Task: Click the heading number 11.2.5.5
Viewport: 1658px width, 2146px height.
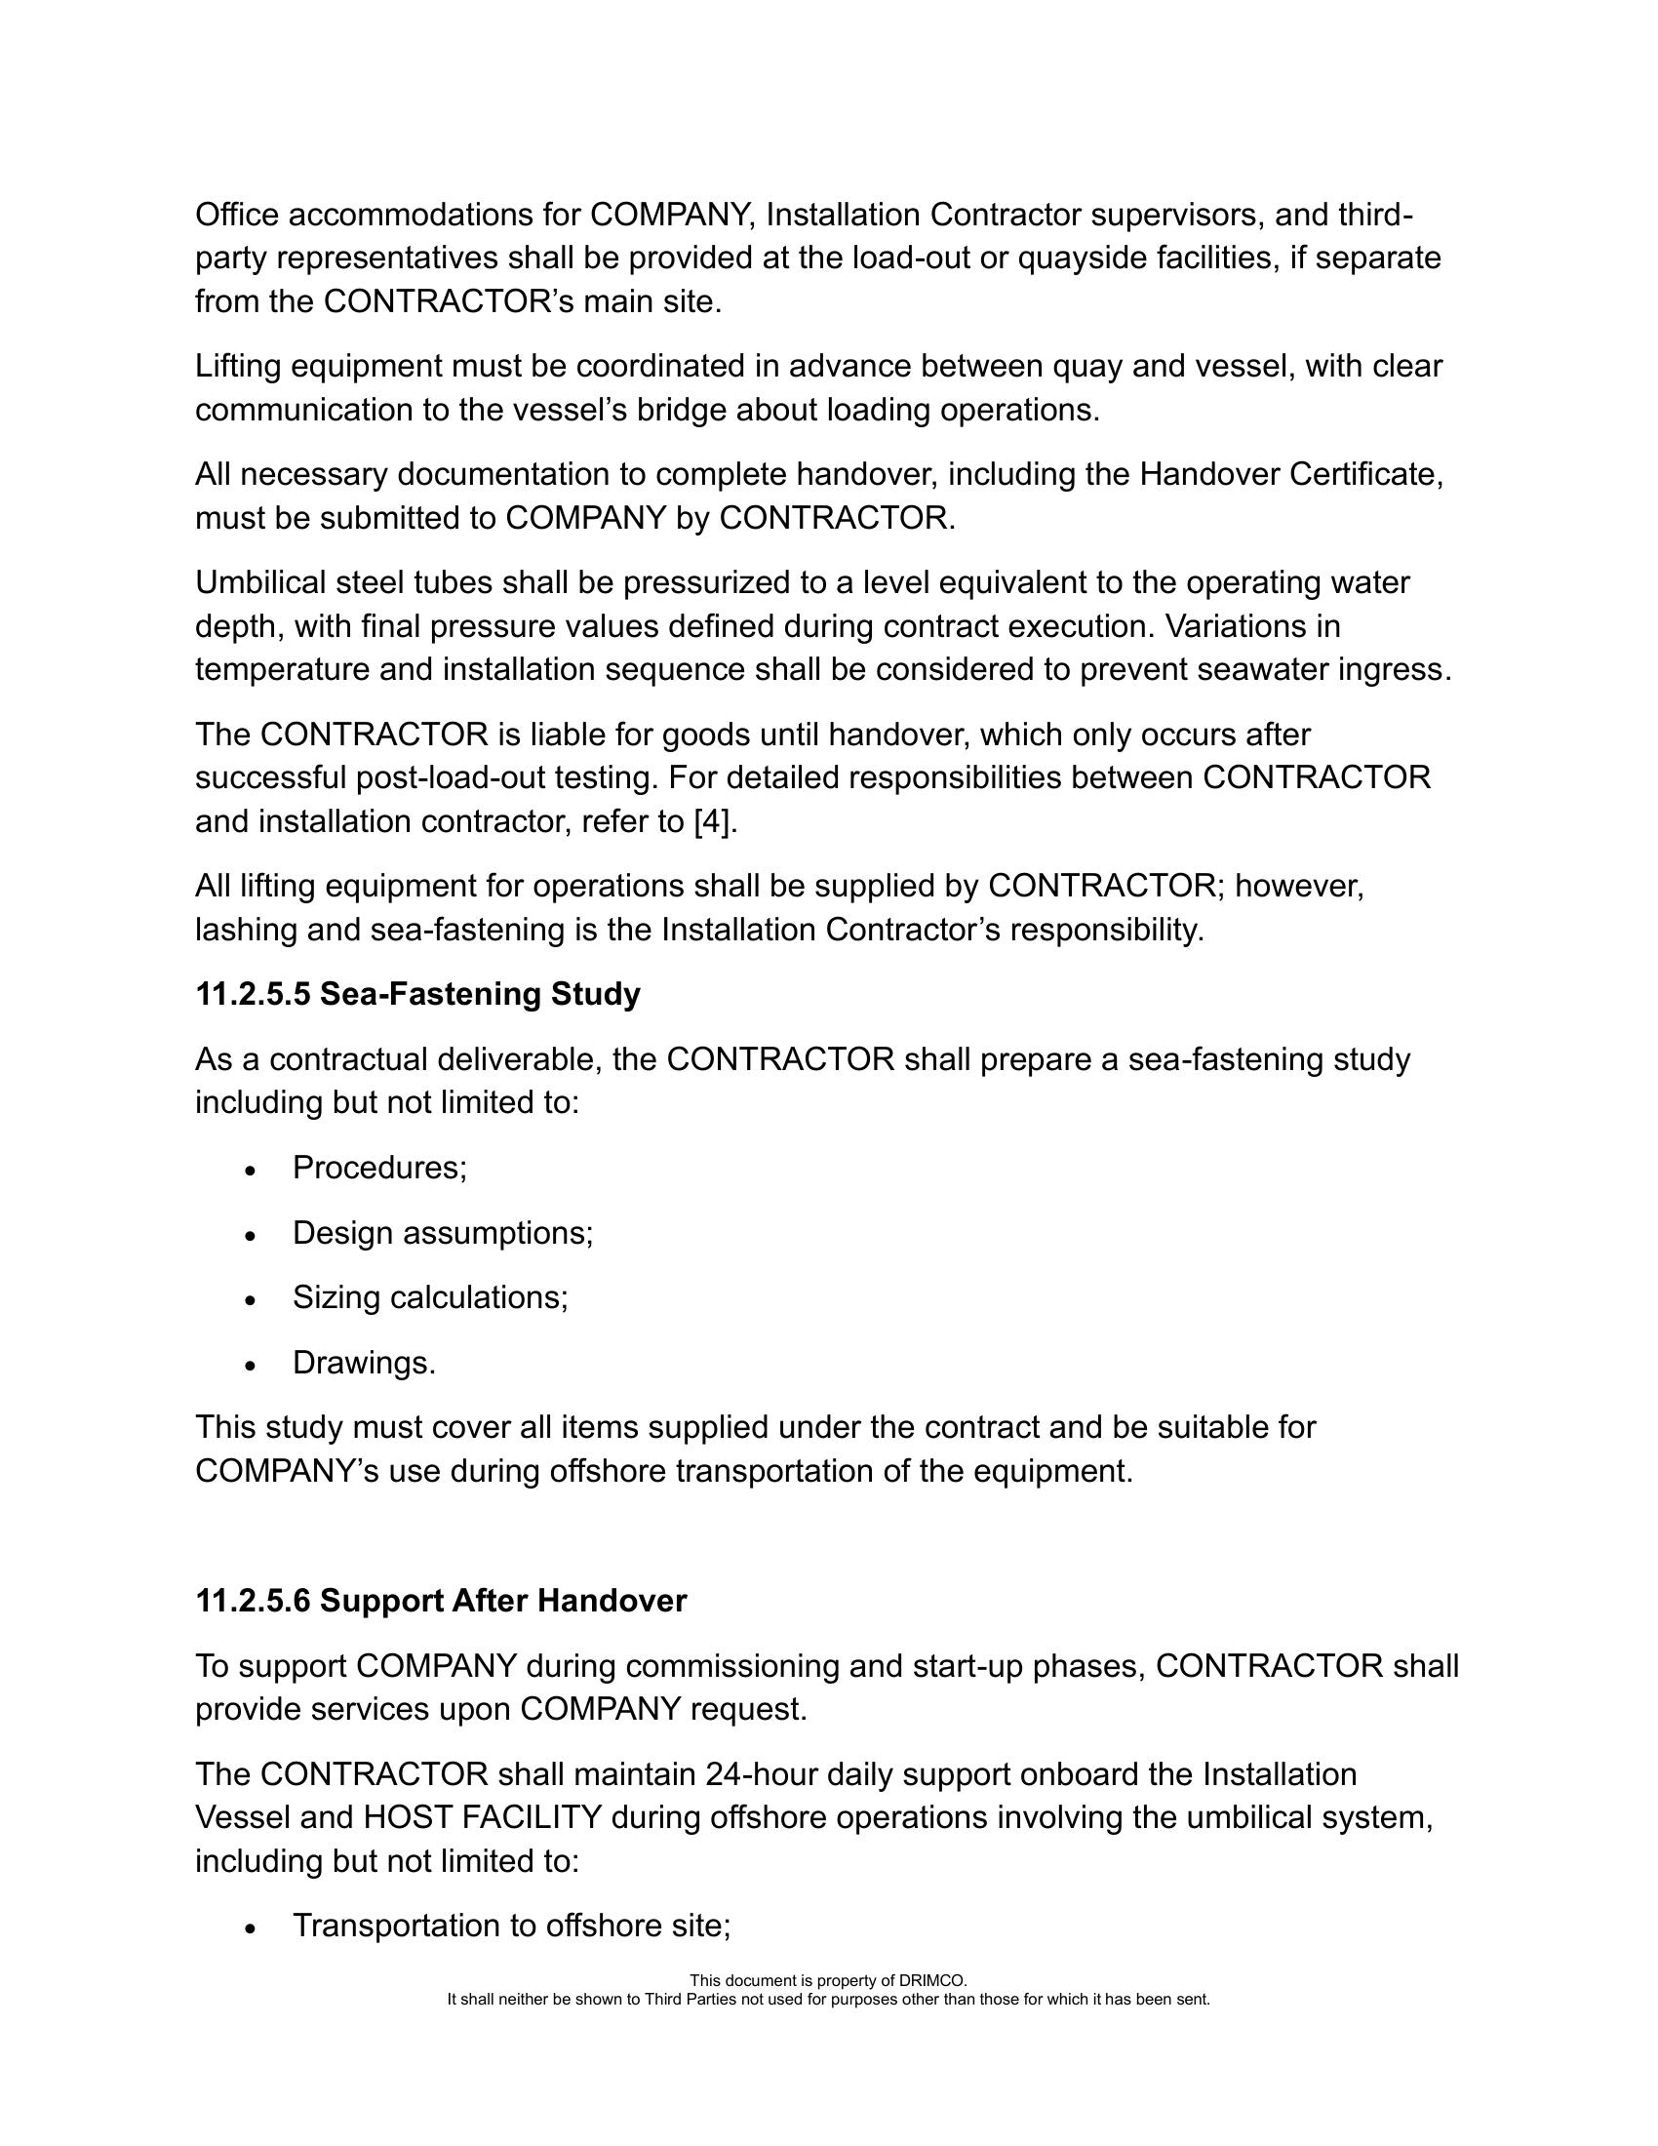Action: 253,994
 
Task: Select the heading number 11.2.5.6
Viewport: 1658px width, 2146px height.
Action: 253,1602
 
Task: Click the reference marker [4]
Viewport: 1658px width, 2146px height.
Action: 713,821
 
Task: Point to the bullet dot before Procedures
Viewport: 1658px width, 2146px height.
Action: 252,1172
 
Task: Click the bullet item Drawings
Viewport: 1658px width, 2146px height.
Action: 364,1363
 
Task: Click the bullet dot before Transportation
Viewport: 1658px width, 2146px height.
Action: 252,1928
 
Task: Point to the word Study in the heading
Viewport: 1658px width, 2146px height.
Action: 595,994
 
